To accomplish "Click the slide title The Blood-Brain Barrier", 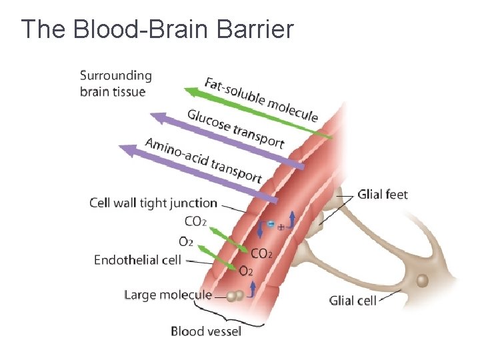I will pos(157,29).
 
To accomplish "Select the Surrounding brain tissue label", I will pos(115,84).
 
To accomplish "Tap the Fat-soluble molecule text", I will pos(261,100).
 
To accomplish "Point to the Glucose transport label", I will pos(235,128).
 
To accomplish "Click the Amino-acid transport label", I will pos(203,160).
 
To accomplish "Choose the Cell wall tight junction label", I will pos(153,203).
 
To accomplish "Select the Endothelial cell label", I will pos(137,260).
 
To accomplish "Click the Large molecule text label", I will pos(168,294).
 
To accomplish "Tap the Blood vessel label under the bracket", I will pos(206,331).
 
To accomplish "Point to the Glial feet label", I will pos(383,195).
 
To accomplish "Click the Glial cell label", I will pos(353,300).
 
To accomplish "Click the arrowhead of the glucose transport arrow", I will pos(156,117).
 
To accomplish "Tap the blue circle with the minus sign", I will pos(271,224).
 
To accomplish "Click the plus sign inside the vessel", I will pos(281,227).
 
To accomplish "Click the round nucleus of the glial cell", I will pos(421,281).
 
